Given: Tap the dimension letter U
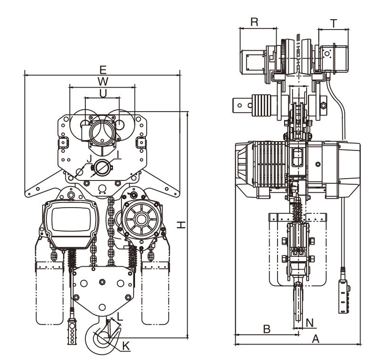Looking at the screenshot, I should pyautogui.click(x=103, y=93).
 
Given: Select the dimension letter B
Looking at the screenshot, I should pyautogui.click(x=266, y=329).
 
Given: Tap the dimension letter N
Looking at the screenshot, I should pyautogui.click(x=309, y=322).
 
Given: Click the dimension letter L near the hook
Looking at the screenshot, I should pyautogui.click(x=120, y=317).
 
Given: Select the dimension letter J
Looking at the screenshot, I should pyautogui.click(x=88, y=159).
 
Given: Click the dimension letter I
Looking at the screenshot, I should pyautogui.click(x=118, y=154).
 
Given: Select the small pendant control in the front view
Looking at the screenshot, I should pyautogui.click(x=72, y=331).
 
